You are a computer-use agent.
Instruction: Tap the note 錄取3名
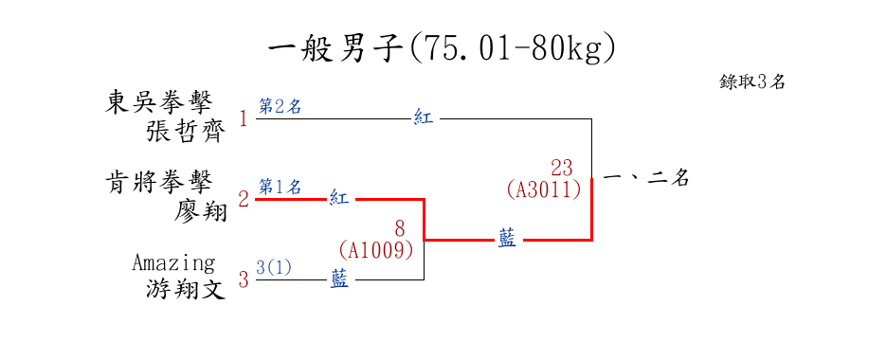(752, 81)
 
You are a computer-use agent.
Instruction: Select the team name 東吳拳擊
(159, 103)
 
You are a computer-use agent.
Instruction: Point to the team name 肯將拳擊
(159, 183)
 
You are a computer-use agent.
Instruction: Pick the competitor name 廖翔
(199, 211)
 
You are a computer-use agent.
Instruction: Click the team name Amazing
(174, 262)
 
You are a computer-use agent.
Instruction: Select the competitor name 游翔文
(186, 291)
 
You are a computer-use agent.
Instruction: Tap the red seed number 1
(244, 119)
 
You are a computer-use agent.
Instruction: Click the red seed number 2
(244, 199)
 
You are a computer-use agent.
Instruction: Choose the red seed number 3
(244, 279)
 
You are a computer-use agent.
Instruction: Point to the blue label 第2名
(280, 106)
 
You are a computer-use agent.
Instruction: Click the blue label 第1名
(280, 186)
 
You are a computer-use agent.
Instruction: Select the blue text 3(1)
(274, 267)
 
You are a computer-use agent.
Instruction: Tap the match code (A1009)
(376, 249)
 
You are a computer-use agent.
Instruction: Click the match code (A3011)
(544, 189)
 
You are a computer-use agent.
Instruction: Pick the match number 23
(562, 168)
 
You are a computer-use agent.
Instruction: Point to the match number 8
(400, 229)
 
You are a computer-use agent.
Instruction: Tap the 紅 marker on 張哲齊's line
(424, 118)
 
